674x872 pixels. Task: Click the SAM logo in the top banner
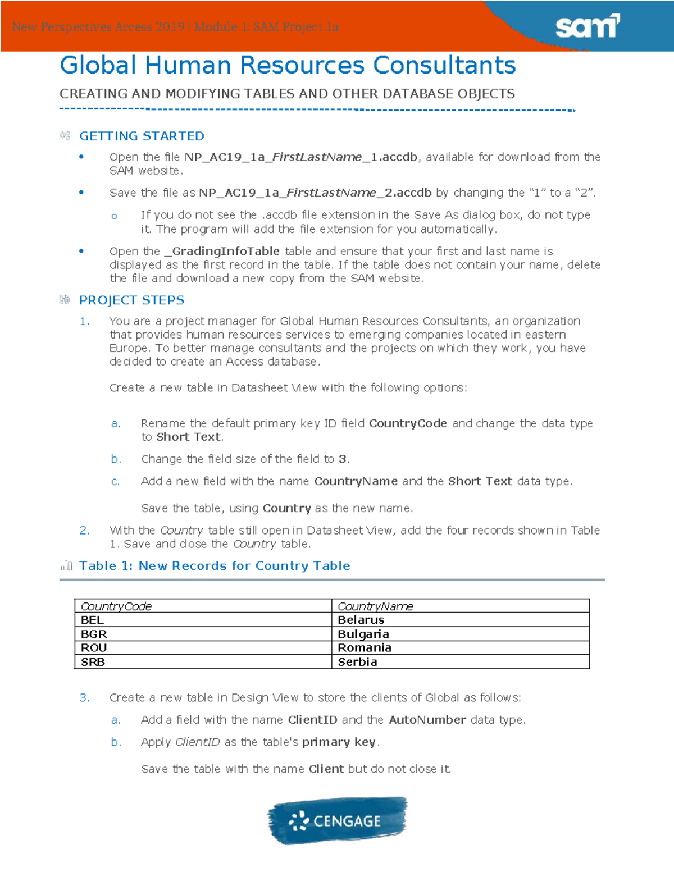coord(587,26)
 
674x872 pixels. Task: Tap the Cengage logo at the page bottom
coord(337,820)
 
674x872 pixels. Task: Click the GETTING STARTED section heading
coord(142,136)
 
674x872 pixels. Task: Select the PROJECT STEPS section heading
coord(131,300)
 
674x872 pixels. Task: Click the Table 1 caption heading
coord(215,565)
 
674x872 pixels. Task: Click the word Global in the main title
coord(98,65)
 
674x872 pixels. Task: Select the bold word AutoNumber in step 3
coord(427,720)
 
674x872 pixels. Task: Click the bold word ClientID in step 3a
coord(312,720)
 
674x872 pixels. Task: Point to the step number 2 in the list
coord(84,530)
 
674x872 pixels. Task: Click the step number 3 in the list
coord(84,697)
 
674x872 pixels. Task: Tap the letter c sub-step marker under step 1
coord(115,481)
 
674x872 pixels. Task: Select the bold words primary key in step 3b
coord(339,742)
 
